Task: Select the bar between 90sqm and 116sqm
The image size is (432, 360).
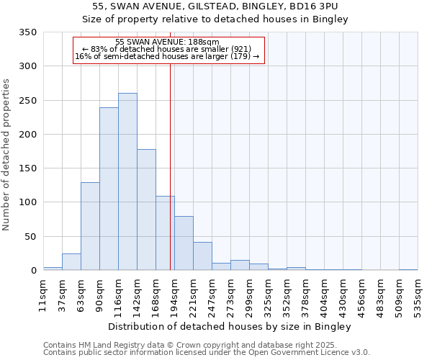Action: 109,189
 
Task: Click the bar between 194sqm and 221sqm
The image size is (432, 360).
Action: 184,243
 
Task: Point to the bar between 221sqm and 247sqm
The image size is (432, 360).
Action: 202,256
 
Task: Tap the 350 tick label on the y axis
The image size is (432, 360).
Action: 27,32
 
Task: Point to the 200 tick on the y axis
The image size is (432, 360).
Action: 27,135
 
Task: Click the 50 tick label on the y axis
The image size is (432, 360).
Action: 30,237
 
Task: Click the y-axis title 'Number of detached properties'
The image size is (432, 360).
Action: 6,155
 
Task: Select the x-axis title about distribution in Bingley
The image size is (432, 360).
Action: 230,327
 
